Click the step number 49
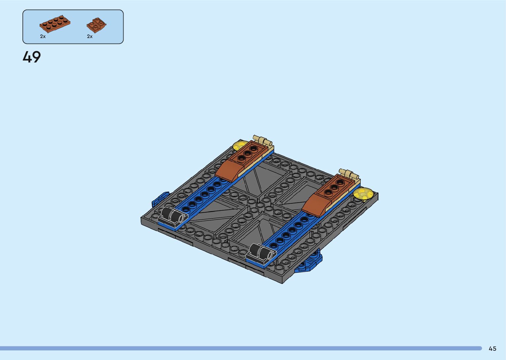[x=32, y=57]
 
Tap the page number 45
[x=492, y=348]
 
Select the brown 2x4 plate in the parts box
[x=55, y=24]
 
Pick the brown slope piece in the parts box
[x=97, y=25]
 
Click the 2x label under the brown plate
[x=43, y=36]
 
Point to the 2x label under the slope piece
[x=90, y=36]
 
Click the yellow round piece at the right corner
[x=363, y=194]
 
